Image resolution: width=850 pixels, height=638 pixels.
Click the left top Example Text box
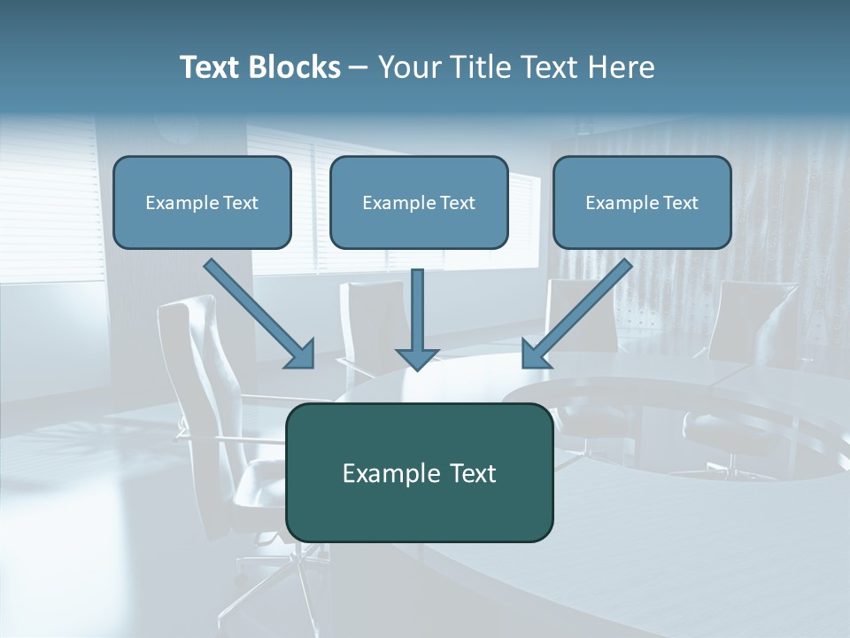pyautogui.click(x=202, y=202)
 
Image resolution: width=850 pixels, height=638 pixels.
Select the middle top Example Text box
pyautogui.click(x=419, y=202)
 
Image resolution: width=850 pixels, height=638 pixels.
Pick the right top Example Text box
pyautogui.click(x=642, y=202)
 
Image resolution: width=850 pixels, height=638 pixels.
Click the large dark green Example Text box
pyautogui.click(x=419, y=472)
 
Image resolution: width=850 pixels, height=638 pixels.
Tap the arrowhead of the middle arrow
pyautogui.click(x=417, y=357)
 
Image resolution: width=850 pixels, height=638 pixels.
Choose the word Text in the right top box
pyautogui.click(x=680, y=203)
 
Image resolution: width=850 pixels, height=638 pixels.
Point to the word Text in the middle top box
pyautogui.click(x=457, y=203)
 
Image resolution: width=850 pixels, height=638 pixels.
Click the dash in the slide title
pyautogui.click(x=359, y=68)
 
